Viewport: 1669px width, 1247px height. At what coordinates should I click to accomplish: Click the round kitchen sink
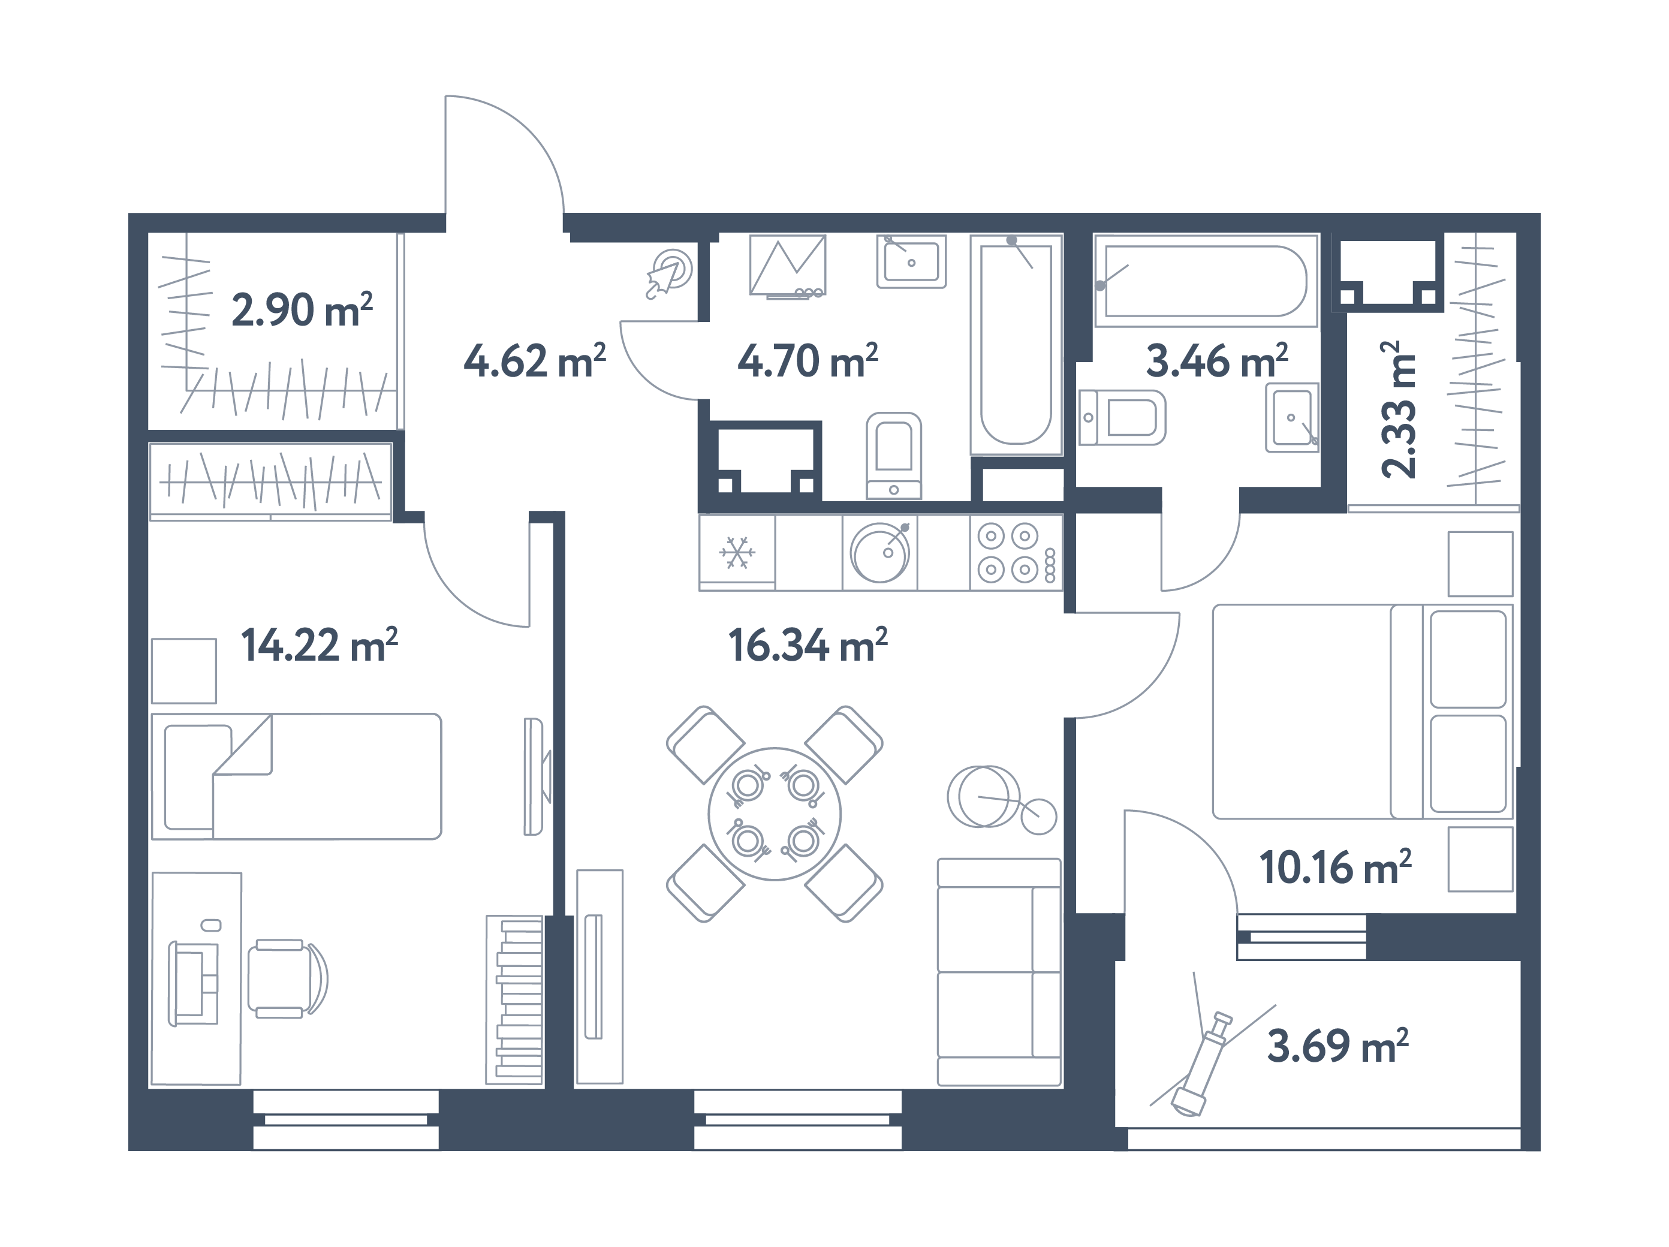pyautogui.click(x=880, y=552)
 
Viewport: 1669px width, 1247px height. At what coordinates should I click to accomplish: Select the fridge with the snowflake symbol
pyautogui.click(x=737, y=552)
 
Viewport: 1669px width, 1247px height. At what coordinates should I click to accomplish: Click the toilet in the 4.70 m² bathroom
pyautogui.click(x=893, y=454)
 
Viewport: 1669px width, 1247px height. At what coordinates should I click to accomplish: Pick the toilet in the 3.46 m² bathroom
pyautogui.click(x=1122, y=417)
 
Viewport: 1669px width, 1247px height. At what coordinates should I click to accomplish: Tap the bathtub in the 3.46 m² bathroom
pyautogui.click(x=1205, y=281)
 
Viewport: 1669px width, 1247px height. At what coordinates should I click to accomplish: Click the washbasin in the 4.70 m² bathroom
pyautogui.click(x=911, y=261)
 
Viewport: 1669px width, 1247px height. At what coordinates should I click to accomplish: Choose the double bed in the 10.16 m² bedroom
pyautogui.click(x=1360, y=712)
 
